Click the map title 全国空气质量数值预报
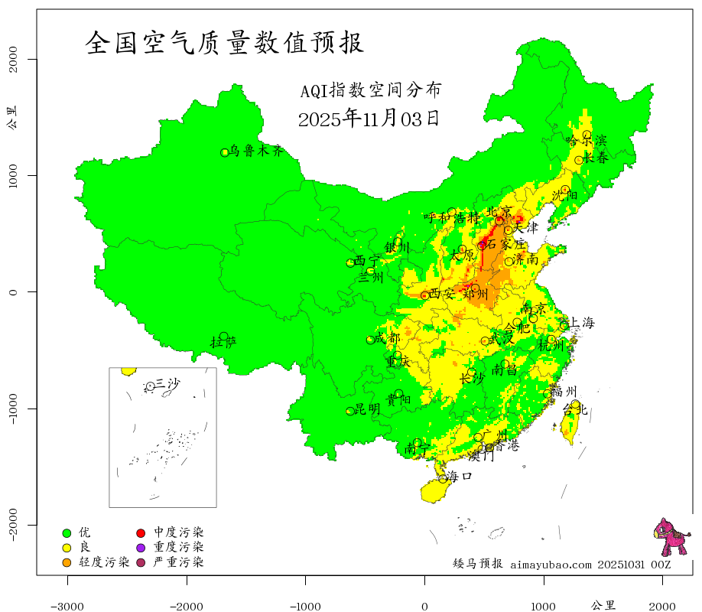click(x=224, y=43)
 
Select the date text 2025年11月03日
click(x=368, y=119)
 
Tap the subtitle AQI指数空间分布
click(x=370, y=91)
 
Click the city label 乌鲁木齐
click(x=262, y=151)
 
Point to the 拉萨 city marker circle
click(x=223, y=336)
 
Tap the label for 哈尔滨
click(x=586, y=141)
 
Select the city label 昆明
click(x=367, y=410)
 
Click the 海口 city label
click(x=460, y=477)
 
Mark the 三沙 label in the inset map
click(x=167, y=384)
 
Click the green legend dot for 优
click(x=67, y=532)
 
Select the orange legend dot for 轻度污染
click(x=67, y=563)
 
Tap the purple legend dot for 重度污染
click(x=141, y=548)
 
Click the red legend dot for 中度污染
click(x=141, y=532)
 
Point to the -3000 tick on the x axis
click(x=67, y=605)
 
